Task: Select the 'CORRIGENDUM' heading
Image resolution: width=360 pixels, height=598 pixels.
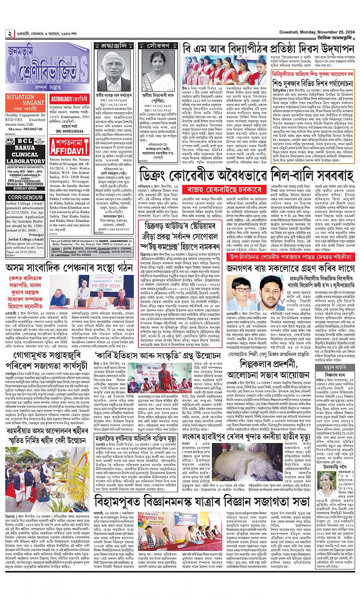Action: click(26, 198)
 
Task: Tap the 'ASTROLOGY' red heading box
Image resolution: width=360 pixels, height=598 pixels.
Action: click(67, 99)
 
